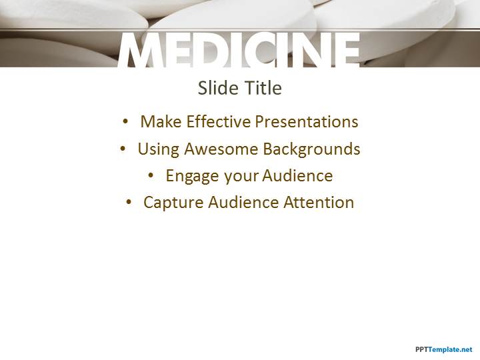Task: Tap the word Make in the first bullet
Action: point(161,121)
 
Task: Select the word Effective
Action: point(219,121)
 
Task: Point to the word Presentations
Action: point(307,121)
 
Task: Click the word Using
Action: point(159,149)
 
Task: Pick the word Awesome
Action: point(221,149)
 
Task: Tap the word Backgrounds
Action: point(311,149)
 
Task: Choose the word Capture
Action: point(173,203)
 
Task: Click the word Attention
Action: point(319,203)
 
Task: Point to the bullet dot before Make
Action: point(125,121)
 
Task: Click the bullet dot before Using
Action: point(123,149)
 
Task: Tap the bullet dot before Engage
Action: point(151,176)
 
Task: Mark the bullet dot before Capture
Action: point(129,202)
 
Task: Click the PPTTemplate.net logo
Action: point(444,349)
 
